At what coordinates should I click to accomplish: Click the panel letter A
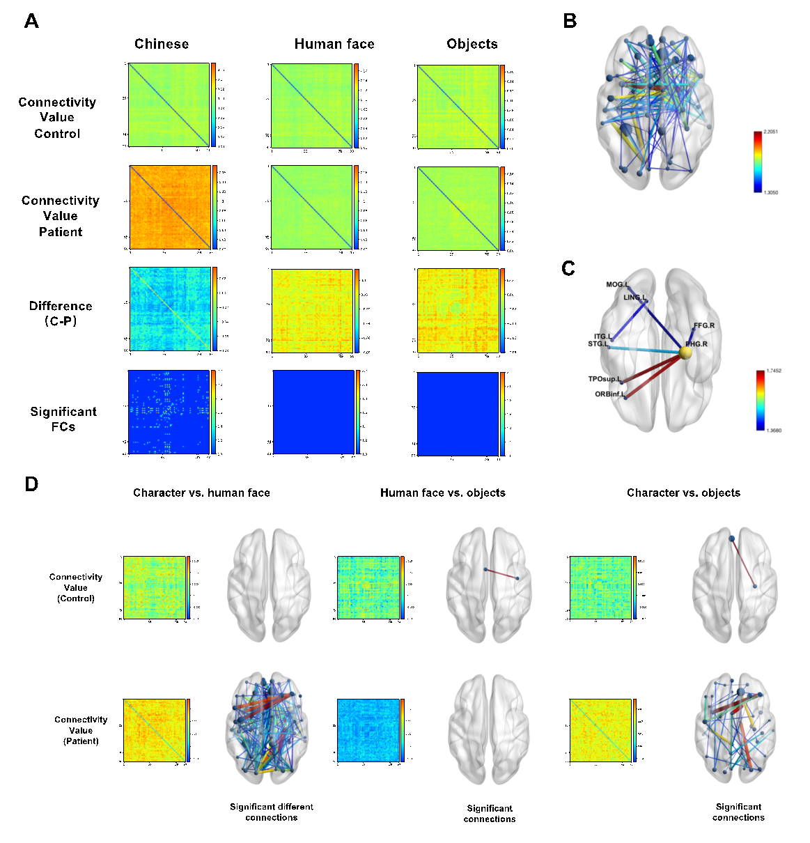click(31, 22)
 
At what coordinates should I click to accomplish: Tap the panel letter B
click(570, 22)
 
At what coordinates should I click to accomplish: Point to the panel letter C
click(568, 269)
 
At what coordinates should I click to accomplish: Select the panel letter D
click(31, 484)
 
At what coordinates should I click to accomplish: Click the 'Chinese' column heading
click(162, 44)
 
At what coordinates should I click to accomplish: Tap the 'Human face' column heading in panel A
click(334, 44)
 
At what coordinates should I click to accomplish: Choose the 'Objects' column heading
click(472, 44)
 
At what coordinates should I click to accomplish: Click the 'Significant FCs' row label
click(63, 419)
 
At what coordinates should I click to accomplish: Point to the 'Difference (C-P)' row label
click(61, 313)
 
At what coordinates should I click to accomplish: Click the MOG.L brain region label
click(617, 284)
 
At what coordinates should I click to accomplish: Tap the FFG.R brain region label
click(703, 325)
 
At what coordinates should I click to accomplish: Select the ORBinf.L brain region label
click(609, 394)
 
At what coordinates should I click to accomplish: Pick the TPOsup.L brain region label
click(604, 379)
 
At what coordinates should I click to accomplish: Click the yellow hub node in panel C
click(685, 353)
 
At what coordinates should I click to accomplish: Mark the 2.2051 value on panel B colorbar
click(770, 131)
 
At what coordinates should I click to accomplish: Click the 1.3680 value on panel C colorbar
click(773, 431)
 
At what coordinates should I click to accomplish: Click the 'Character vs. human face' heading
click(201, 493)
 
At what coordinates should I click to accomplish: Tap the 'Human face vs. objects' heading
click(443, 493)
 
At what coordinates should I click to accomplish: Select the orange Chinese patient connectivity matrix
click(170, 207)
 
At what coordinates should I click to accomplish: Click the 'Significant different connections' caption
click(272, 812)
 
